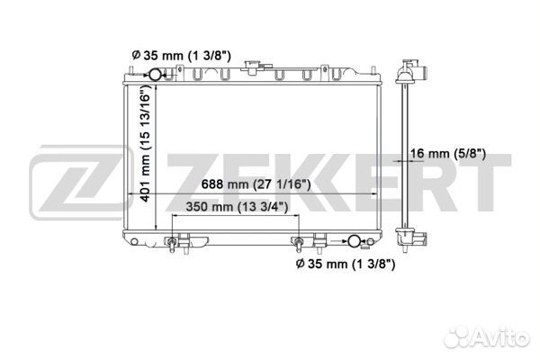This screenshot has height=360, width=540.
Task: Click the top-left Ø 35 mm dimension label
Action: pyautogui.click(x=182, y=55)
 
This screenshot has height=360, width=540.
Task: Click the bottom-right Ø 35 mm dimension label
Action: pyautogui.click(x=346, y=264)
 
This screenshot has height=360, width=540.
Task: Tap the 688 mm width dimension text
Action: pyautogui.click(x=256, y=184)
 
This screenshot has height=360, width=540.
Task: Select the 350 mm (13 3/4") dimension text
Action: pyautogui.click(x=237, y=207)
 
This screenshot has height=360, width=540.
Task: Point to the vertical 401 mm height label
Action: pyautogui.click(x=146, y=143)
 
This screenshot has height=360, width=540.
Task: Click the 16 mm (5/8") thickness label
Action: pyautogui.click(x=448, y=154)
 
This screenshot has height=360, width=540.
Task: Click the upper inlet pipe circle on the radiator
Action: pyautogui.click(x=155, y=75)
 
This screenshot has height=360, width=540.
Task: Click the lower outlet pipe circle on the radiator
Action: pyautogui.click(x=354, y=241)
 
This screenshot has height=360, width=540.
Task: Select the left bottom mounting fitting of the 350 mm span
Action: pyautogui.click(x=172, y=243)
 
